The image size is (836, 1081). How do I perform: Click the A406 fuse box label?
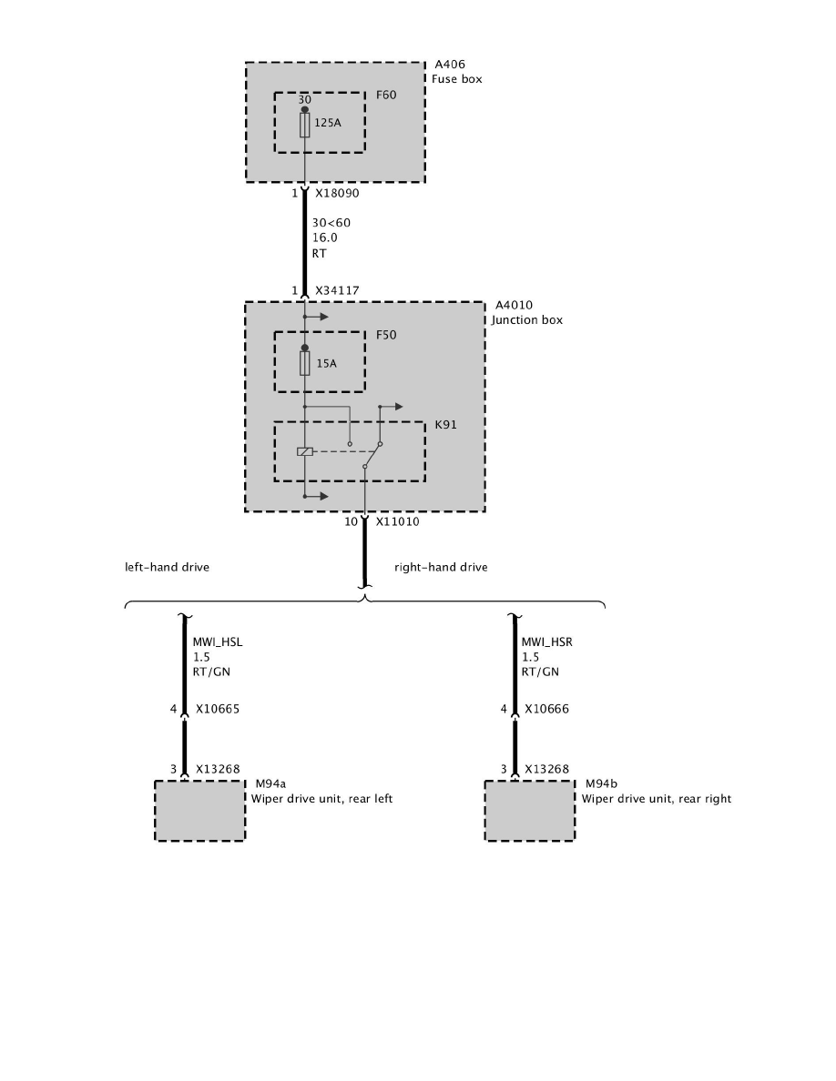tap(449, 66)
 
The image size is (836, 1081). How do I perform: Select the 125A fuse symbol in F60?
tap(304, 126)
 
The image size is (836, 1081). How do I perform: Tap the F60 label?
tap(386, 94)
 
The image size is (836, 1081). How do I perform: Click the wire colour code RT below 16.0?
tap(319, 254)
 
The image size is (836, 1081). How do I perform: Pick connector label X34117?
tap(337, 290)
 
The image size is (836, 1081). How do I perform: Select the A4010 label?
tap(511, 306)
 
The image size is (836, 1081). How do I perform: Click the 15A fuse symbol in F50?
tap(304, 364)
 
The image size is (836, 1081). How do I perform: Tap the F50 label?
tap(386, 335)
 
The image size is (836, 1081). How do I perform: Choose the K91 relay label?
tap(445, 424)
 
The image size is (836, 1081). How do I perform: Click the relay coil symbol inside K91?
tap(305, 451)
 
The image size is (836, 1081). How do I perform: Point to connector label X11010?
tap(397, 522)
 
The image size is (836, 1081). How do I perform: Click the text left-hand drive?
tap(168, 567)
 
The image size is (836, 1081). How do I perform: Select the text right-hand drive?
tap(441, 567)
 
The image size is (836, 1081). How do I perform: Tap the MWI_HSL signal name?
tap(218, 642)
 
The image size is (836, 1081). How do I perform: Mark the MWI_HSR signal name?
tap(546, 642)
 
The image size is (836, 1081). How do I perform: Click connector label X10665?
tap(218, 709)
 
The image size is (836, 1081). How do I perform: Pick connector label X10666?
tap(546, 709)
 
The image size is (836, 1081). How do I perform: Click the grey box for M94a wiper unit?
tap(199, 810)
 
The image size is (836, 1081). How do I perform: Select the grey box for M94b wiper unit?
tap(529, 810)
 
